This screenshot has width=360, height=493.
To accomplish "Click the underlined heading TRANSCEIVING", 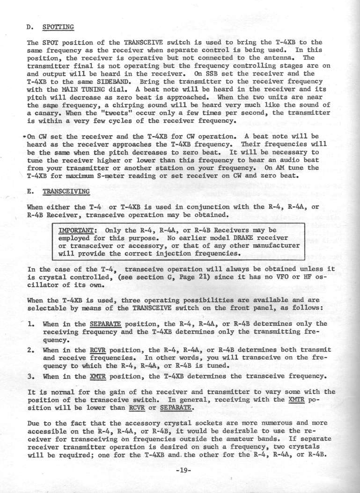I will tap(67, 191).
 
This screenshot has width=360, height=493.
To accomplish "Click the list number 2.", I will tap(31, 337).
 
